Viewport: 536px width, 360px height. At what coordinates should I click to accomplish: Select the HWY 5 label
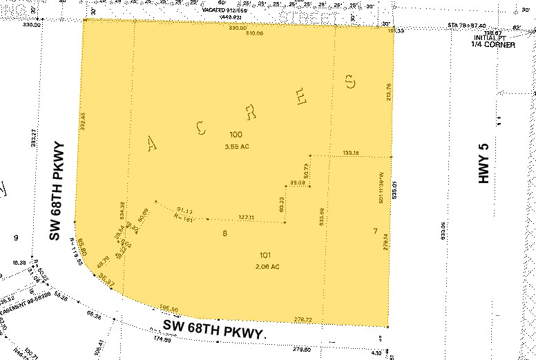pyautogui.click(x=484, y=168)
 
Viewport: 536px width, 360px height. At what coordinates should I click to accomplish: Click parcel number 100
pyautogui.click(x=236, y=134)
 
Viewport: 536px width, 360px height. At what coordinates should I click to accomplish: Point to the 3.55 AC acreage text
pyautogui.click(x=236, y=146)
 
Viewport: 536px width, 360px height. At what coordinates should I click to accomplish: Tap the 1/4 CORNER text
pyautogui.click(x=492, y=45)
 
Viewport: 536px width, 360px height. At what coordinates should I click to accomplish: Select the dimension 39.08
pyautogui.click(x=297, y=182)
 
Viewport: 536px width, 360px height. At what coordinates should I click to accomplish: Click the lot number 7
pyautogui.click(x=375, y=230)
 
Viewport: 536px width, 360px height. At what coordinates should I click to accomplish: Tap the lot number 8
pyautogui.click(x=224, y=234)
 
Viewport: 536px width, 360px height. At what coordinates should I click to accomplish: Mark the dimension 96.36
pyautogui.click(x=94, y=317)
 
